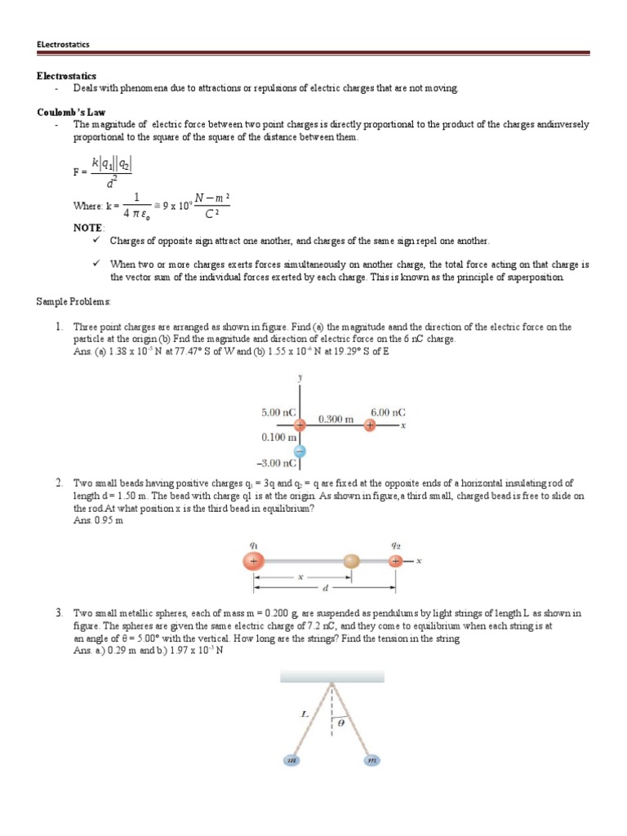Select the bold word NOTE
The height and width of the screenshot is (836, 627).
tap(88, 228)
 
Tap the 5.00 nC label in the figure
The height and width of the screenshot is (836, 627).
tap(277, 414)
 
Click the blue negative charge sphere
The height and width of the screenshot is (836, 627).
tap(300, 451)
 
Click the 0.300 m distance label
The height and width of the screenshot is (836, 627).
tap(336, 419)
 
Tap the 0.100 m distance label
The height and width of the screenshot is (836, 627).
tap(278, 438)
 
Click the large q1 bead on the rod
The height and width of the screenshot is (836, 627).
tap(254, 562)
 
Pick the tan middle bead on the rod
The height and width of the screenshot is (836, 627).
tap(352, 562)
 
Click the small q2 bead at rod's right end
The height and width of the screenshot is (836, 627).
tap(396, 562)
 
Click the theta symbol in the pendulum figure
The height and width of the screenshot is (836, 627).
tap(342, 722)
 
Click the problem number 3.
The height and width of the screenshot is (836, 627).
tap(60, 612)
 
